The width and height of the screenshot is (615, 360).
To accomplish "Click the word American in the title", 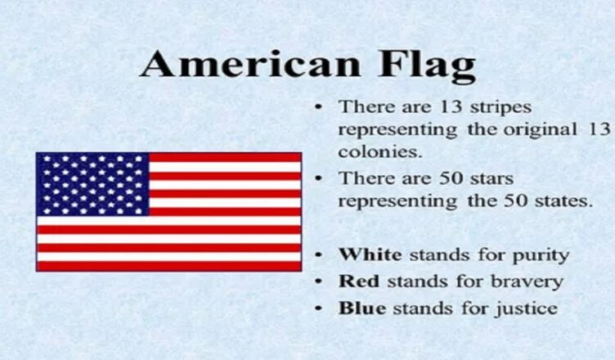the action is [x=250, y=64].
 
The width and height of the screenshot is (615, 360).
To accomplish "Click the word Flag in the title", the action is [x=427, y=67].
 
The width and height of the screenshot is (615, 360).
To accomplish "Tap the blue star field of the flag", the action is [x=92, y=184].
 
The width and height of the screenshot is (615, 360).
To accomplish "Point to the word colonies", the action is [x=380, y=152].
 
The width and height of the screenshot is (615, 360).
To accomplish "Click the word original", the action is [x=540, y=130].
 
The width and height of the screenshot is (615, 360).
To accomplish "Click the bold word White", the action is [x=370, y=254].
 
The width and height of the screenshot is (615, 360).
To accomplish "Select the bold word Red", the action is [x=359, y=281].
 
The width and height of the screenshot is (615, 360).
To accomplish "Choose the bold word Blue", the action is [x=362, y=308].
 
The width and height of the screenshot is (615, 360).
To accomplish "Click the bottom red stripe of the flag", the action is [x=169, y=267].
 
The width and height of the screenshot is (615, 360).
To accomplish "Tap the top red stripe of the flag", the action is [x=225, y=157].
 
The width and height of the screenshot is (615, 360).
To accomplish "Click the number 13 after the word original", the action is [x=599, y=129].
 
